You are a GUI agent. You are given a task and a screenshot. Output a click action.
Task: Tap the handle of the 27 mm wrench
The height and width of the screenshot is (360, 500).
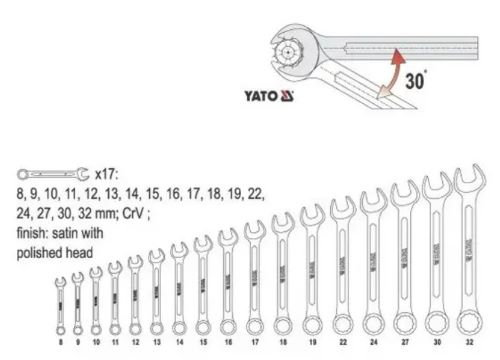[x=405, y=260]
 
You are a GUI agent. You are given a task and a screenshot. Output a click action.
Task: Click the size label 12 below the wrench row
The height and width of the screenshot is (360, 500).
[x=134, y=343]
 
